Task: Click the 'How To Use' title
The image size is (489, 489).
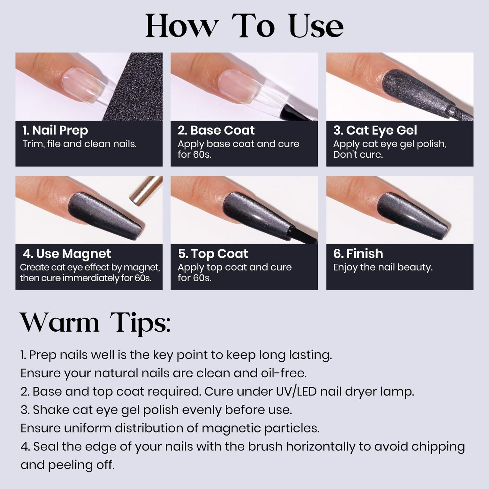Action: [x=244, y=26]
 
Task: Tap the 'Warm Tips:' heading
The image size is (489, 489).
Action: [x=95, y=323]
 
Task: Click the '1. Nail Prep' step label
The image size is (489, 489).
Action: [x=55, y=130]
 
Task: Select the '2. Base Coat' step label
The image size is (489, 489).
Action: [x=216, y=130]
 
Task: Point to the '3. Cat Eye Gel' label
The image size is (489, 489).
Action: [x=375, y=130]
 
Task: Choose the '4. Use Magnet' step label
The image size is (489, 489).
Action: [x=67, y=254]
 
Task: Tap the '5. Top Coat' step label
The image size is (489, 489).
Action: [x=213, y=254]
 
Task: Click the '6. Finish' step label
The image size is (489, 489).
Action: [x=358, y=254]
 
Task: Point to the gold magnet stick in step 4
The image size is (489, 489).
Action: [x=146, y=191]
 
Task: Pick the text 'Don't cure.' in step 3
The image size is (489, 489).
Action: [x=358, y=155]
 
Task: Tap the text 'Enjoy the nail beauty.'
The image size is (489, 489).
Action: [x=383, y=267]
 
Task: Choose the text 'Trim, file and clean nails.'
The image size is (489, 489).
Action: [x=80, y=144]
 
